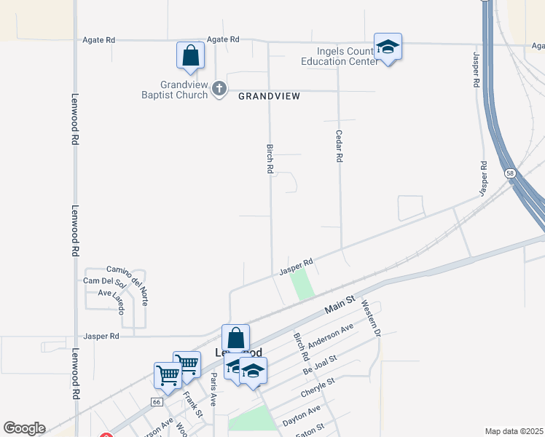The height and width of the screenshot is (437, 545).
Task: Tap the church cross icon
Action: tap(219, 90)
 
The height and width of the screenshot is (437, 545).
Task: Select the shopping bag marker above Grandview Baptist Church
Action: tap(190, 56)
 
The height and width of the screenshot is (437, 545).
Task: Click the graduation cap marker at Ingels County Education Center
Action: tap(388, 47)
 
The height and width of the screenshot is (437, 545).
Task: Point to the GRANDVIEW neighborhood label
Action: tap(269, 96)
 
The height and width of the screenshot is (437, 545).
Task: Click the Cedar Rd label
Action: tap(339, 146)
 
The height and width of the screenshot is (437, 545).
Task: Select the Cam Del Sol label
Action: tap(104, 282)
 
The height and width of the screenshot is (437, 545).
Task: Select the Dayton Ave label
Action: tap(302, 414)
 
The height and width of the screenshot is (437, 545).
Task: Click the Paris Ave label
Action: tap(213, 385)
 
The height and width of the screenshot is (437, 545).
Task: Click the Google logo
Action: tap(24, 428)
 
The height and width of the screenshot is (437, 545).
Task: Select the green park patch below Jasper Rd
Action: tap(302, 284)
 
